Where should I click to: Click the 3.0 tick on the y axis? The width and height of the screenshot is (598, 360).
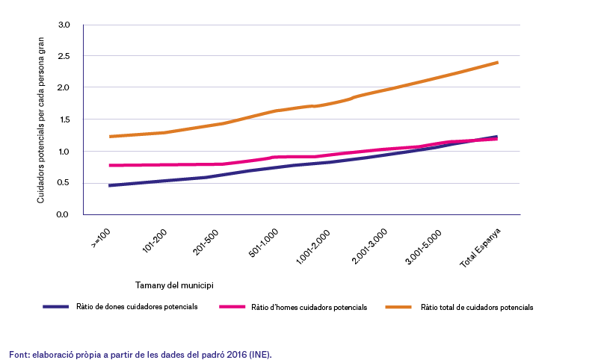(64, 25)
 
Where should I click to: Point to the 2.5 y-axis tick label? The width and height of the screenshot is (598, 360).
(64, 56)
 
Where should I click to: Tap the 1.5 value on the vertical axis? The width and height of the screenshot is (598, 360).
(64, 120)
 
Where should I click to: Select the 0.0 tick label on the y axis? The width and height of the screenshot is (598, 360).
(62, 214)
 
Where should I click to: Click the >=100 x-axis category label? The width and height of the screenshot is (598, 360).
(101, 238)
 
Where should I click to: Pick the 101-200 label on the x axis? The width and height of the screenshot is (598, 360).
(155, 241)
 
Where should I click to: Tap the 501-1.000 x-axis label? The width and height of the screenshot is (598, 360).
(263, 243)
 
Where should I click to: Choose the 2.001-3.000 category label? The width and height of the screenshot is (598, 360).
(369, 246)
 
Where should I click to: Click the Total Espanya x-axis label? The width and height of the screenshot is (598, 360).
(480, 248)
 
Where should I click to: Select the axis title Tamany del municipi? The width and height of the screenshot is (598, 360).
(174, 285)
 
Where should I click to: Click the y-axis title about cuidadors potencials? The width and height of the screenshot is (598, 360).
(40, 120)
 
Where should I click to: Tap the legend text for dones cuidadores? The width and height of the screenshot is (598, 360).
(137, 307)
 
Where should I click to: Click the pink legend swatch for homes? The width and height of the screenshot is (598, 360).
(232, 307)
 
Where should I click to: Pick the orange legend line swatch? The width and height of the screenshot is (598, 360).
(398, 307)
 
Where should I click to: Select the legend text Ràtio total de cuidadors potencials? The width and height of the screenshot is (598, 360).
(477, 308)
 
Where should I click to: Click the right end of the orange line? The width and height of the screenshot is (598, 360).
(497, 63)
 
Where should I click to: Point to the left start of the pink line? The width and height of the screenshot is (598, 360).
(110, 165)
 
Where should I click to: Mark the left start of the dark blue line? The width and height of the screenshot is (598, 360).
(110, 185)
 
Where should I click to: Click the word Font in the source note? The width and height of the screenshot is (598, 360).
(20, 355)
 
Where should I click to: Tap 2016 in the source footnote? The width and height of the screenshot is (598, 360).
(237, 355)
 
